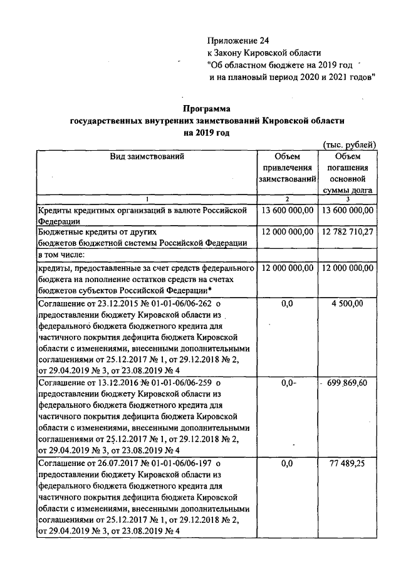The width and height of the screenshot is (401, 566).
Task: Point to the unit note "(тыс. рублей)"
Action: coord(348,144)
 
